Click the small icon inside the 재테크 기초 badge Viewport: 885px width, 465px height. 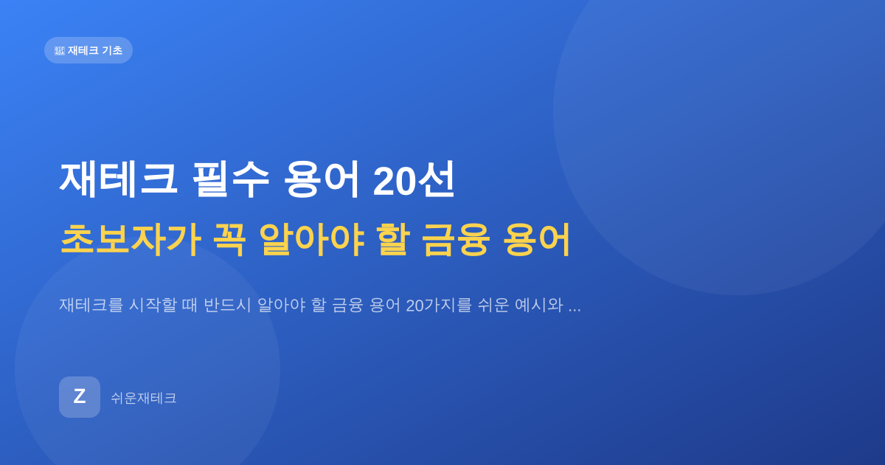60,51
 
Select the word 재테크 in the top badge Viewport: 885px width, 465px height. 83,50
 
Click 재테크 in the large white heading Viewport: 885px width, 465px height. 118,179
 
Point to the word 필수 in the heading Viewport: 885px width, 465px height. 231,179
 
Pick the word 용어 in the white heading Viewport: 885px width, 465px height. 322,179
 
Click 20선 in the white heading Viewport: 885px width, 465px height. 414,180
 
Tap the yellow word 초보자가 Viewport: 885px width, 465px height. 130,240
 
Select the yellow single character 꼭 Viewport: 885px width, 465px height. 230,240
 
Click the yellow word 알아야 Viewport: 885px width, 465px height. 311,240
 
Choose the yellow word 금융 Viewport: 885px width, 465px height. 457,240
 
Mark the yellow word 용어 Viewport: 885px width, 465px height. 538,240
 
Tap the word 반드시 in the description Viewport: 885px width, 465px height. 228,306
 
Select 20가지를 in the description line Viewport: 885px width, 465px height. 439,306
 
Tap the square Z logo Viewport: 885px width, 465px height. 80,397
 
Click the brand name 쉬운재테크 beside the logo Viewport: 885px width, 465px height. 143,398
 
